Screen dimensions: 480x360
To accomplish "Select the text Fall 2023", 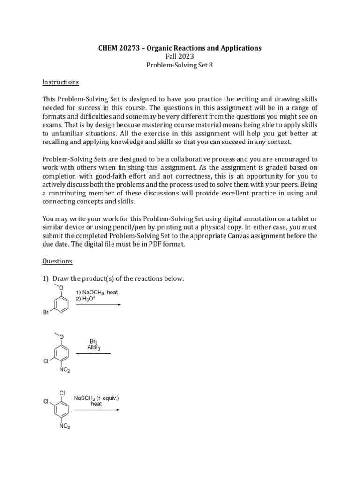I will [x=180, y=57].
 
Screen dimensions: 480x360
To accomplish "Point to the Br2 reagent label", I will [x=93, y=342].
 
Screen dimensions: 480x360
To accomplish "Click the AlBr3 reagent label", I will [x=93, y=348].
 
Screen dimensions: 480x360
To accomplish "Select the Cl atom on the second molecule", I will [x=46, y=361].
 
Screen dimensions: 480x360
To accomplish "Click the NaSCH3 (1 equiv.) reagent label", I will [x=97, y=398].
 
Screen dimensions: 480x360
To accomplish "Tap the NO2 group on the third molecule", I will [x=64, y=427].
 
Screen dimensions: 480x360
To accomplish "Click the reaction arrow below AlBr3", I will [x=94, y=353].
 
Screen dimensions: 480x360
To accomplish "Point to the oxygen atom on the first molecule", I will [x=62, y=287].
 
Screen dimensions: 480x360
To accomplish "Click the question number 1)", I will [x=45, y=279].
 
